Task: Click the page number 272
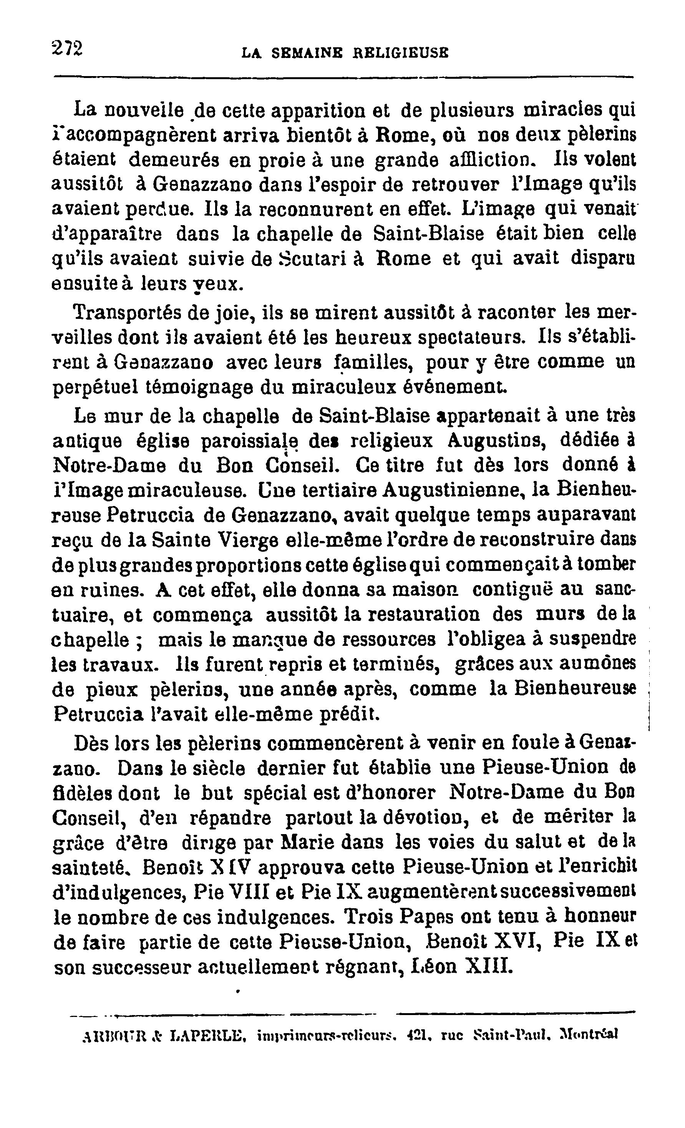point(67,48)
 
